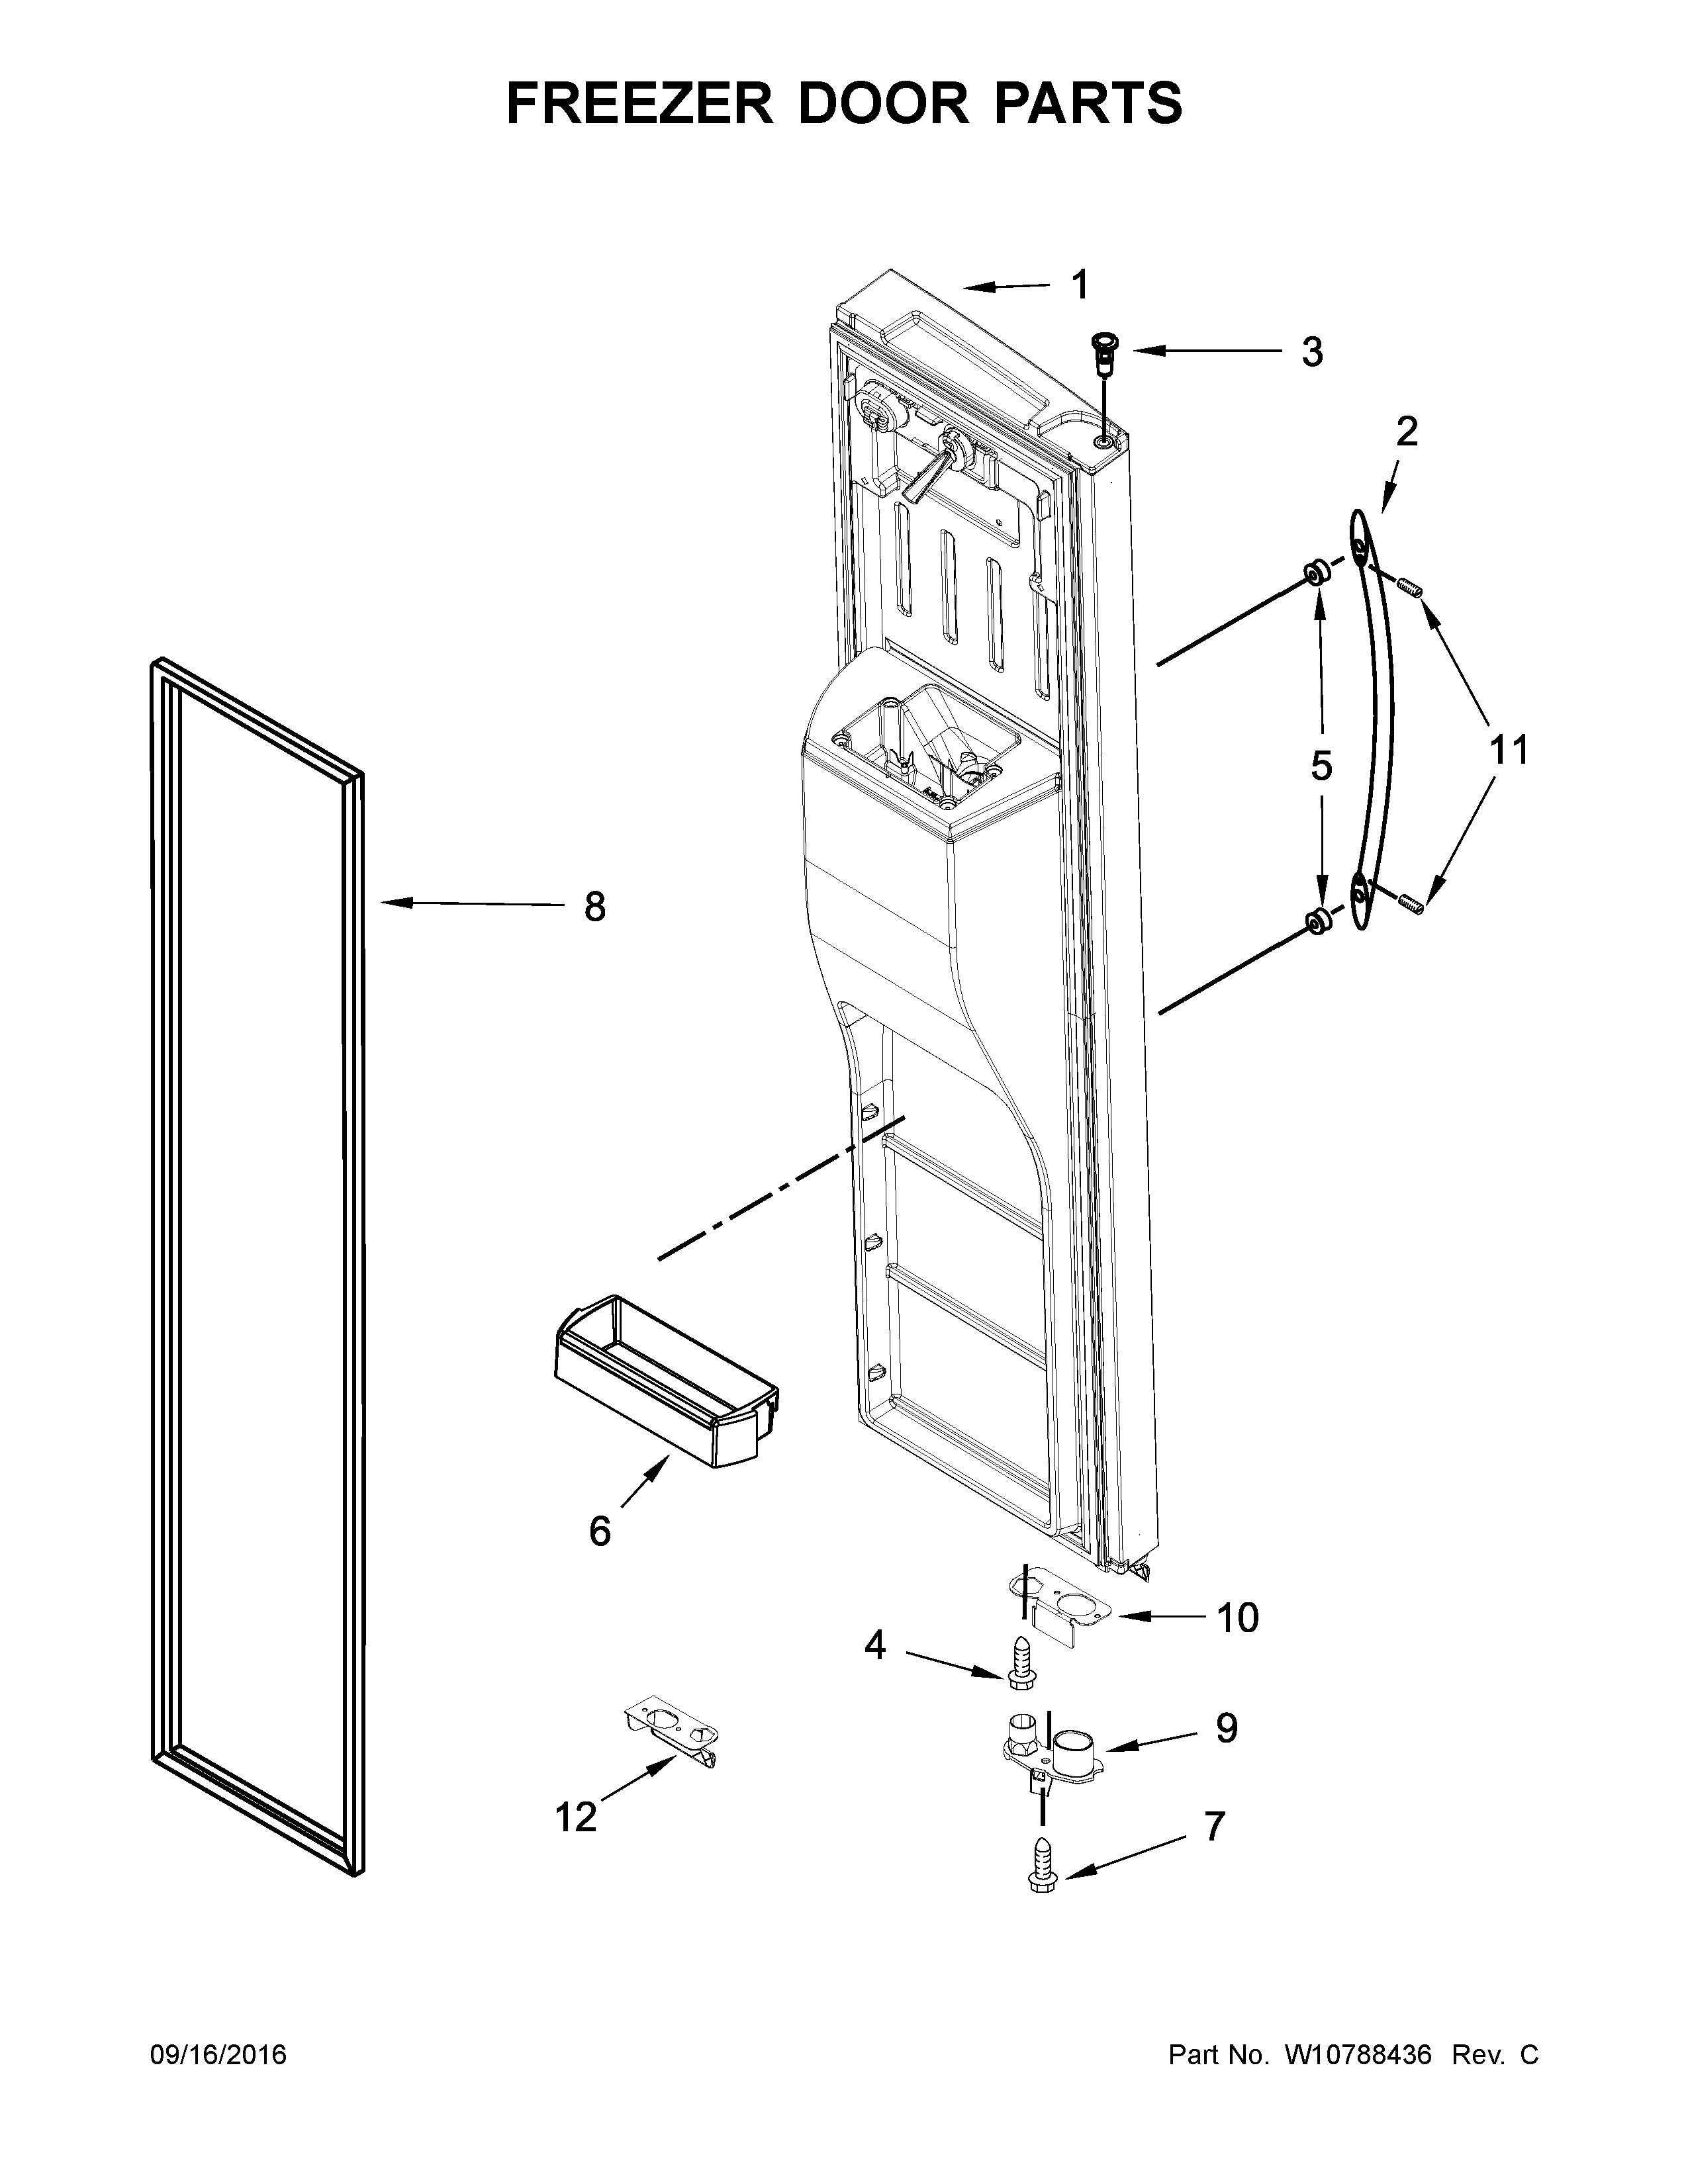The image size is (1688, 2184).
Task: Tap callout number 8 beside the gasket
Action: pyautogui.click(x=594, y=907)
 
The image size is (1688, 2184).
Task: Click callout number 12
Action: pyautogui.click(x=576, y=1816)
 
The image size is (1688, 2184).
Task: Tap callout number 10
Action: pyautogui.click(x=1237, y=1617)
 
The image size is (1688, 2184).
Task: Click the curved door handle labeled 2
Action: pyautogui.click(x=1373, y=720)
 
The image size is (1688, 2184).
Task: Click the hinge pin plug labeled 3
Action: pyautogui.click(x=1105, y=352)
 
